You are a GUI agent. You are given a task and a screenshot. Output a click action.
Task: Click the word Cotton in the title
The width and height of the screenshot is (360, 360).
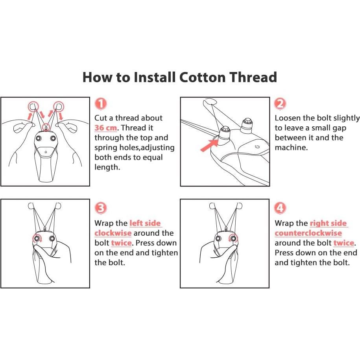(202, 77)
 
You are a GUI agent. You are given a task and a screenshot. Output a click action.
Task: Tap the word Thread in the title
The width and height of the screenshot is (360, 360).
(253, 77)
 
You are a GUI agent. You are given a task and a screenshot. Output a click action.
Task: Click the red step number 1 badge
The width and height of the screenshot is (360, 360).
(101, 103)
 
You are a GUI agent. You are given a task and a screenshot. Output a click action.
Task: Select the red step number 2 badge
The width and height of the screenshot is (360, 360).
(280, 104)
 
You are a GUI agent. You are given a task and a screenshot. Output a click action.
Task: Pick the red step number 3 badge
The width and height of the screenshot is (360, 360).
(101, 208)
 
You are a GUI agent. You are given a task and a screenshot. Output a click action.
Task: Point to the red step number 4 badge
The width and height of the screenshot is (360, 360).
(280, 208)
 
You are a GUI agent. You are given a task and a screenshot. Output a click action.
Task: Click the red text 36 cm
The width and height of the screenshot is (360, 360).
(105, 127)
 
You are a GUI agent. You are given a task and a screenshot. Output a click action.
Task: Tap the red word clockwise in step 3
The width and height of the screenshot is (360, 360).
(113, 233)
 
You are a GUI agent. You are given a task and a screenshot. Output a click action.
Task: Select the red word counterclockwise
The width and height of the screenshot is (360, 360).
(308, 233)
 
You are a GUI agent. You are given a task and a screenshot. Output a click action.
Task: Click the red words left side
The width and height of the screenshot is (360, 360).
(145, 223)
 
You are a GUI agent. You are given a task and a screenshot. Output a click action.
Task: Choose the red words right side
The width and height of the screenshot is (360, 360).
(328, 223)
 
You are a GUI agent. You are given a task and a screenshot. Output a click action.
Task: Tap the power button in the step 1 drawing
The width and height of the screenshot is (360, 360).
(46, 152)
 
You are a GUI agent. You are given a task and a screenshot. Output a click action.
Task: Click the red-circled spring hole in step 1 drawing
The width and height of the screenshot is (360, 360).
(46, 127)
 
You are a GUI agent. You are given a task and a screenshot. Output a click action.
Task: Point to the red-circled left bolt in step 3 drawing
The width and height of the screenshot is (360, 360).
(37, 238)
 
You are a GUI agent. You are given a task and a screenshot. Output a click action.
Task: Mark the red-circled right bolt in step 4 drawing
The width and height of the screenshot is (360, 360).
(233, 238)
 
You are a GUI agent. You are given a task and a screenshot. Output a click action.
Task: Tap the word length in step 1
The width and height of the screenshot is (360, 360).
(107, 167)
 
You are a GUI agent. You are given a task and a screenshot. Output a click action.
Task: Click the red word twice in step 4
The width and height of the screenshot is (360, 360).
(343, 243)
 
